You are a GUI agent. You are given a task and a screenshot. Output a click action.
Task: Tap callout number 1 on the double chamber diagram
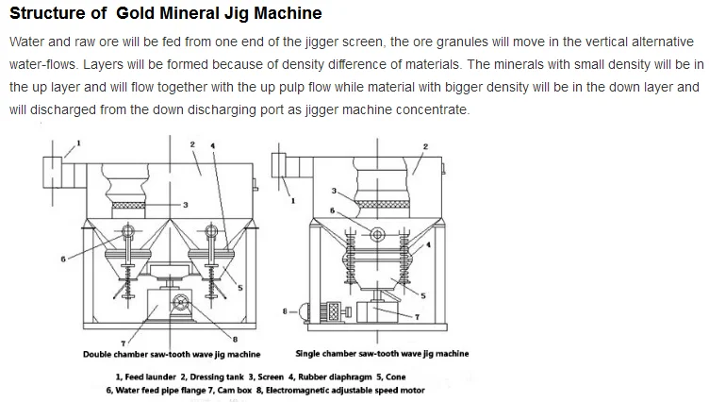pos(79,142)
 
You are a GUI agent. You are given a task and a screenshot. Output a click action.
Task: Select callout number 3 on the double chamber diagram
pos(186,205)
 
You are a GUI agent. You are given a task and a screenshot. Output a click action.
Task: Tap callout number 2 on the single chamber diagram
pos(426,147)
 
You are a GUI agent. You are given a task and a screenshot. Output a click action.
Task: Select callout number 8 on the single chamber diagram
pos(285,309)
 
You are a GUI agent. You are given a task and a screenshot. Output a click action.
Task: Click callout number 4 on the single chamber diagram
pos(430,244)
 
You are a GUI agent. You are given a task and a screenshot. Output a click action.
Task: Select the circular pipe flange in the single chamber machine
pos(377,234)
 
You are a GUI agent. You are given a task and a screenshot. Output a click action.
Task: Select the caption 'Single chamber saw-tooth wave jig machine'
pos(382,354)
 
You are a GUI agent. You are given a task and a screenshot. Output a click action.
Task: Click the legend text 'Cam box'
pos(266,389)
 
